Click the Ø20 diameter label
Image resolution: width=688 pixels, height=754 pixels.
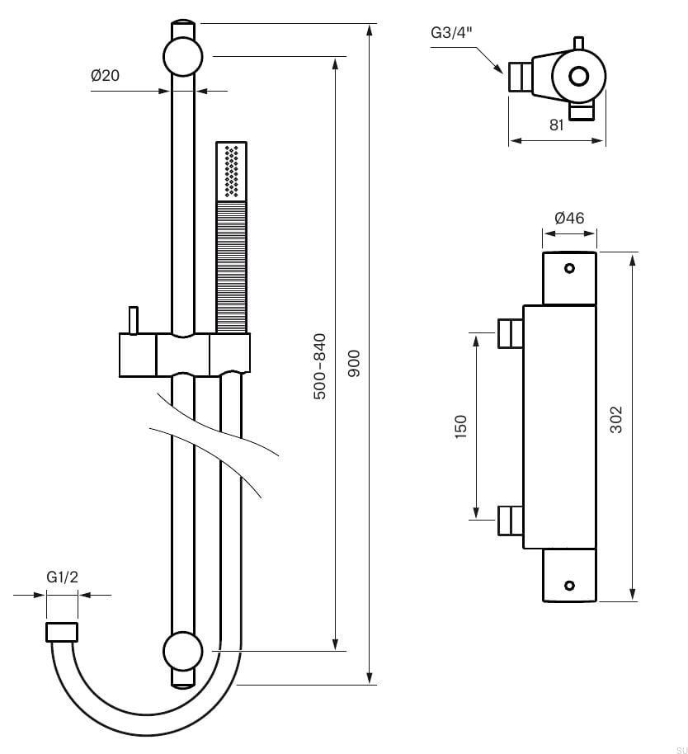point(105,75)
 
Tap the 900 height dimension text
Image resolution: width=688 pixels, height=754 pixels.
point(356,363)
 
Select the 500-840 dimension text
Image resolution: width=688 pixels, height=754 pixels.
point(320,366)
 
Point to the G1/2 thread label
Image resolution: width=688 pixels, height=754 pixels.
point(62,577)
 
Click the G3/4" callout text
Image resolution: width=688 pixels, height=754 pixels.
point(451,33)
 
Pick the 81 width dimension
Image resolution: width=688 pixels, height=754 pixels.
point(556,125)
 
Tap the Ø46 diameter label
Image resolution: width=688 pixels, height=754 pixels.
point(569,219)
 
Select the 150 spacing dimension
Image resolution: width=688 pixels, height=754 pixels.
point(461,426)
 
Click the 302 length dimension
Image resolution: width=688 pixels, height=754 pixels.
point(616,420)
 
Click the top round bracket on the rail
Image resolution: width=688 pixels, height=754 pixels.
point(183,57)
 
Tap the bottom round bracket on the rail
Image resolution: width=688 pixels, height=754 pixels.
point(183,651)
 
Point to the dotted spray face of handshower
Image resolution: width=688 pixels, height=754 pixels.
point(232,171)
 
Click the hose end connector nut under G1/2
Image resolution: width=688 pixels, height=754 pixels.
point(62,633)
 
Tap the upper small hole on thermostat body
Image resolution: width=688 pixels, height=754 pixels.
point(568,267)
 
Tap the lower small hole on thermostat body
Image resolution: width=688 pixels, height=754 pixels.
point(568,585)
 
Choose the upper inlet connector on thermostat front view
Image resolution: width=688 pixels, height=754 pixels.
point(509,332)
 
